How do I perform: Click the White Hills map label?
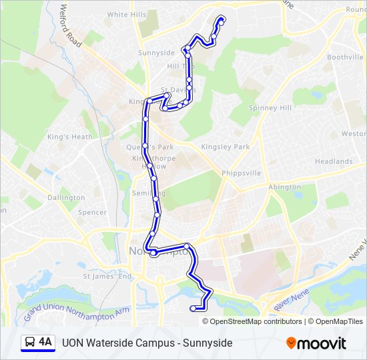tap(127, 14)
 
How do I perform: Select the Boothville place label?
tap(344, 57)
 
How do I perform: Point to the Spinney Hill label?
tap(270, 107)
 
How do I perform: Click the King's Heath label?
tap(70, 137)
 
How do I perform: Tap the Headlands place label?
tap(334, 161)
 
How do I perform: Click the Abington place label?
tap(284, 188)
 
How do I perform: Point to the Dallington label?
tap(66, 197)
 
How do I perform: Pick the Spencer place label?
tap(92, 213)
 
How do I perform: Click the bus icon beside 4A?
tap(30, 343)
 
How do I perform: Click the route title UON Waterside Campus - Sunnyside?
tap(147, 343)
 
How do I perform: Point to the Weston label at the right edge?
tap(354, 133)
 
